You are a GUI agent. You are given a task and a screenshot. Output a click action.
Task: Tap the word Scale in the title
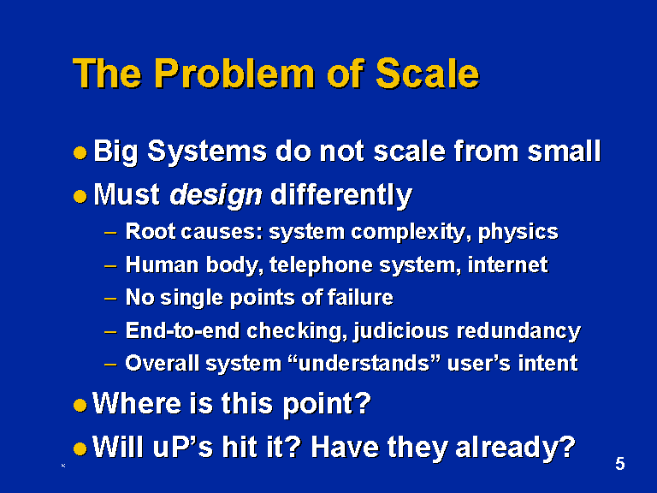(x=428, y=74)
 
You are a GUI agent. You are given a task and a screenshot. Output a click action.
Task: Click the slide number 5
(x=620, y=464)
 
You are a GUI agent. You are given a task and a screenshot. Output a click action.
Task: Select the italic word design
(x=216, y=196)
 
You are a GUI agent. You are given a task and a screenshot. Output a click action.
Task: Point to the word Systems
(x=207, y=151)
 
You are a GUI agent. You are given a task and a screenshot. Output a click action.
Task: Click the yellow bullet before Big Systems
(x=80, y=152)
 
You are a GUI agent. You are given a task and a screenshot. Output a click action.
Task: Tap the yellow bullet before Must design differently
(x=80, y=196)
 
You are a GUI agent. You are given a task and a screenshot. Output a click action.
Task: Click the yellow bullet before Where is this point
(x=80, y=405)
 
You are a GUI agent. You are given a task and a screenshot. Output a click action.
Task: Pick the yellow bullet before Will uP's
(x=80, y=449)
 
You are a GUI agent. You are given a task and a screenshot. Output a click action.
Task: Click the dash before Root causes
(x=110, y=233)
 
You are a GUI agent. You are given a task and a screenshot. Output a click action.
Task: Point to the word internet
(x=508, y=265)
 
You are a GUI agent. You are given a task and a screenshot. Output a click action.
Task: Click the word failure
(x=360, y=298)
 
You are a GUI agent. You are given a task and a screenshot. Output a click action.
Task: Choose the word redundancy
(x=518, y=331)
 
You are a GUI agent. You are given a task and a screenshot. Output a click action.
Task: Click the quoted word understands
(x=364, y=363)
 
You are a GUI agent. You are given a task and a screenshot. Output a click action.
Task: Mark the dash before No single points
(x=110, y=299)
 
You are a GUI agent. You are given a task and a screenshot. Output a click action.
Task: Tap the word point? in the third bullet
(x=328, y=405)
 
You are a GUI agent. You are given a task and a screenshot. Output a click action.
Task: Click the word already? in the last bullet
(x=515, y=448)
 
